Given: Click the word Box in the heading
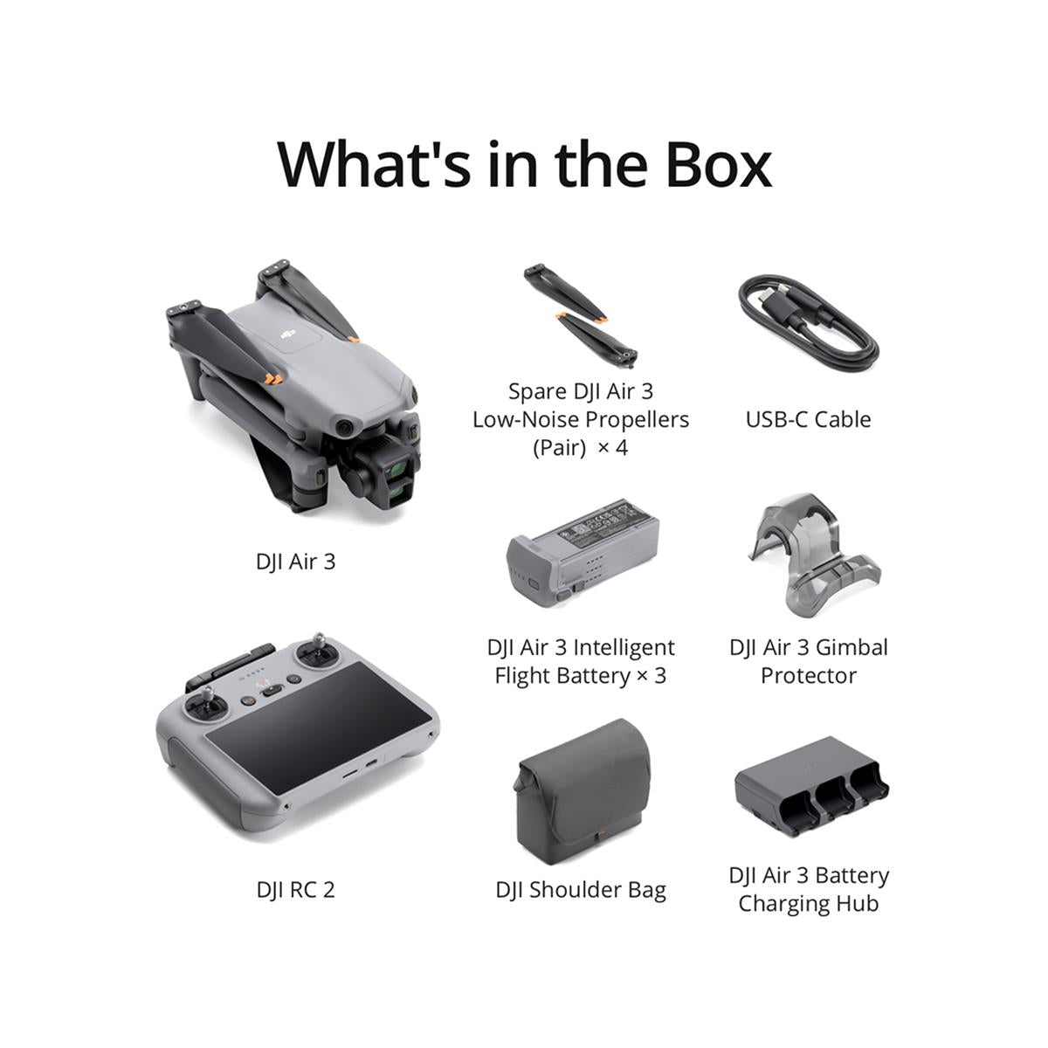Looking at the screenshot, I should coord(718,163).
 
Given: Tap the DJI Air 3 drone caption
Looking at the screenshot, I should coord(295,561).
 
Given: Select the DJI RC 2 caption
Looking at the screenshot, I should coord(295,889).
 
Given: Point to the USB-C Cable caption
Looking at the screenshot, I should coord(808,419).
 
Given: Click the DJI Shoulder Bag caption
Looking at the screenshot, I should coord(580,889).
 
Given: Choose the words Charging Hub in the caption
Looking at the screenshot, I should coord(808,903).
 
